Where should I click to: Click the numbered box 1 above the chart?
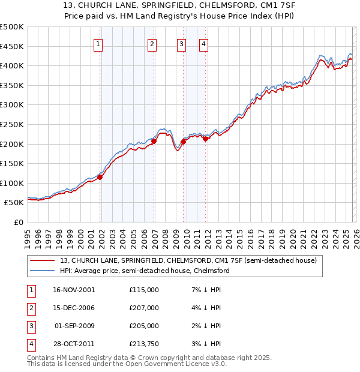[98, 43]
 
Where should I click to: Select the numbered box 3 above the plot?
[181, 43]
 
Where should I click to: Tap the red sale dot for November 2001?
[100, 177]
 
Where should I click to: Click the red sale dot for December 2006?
[154, 141]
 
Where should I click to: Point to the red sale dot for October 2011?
[206, 139]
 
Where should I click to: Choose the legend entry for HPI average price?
[145, 271]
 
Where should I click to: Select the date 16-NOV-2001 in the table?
[74, 290]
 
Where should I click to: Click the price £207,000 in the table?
[144, 308]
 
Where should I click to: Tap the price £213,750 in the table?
[144, 344]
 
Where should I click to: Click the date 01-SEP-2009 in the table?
[74, 326]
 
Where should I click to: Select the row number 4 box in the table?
[31, 344]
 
